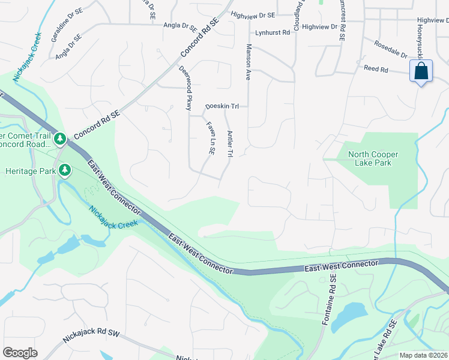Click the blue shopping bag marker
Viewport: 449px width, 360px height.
coord(421,71)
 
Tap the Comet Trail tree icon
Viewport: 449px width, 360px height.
coord(60,139)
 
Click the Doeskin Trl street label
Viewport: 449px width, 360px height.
coord(222,106)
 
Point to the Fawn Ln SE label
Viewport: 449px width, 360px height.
coord(211,140)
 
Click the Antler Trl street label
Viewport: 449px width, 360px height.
coord(229,144)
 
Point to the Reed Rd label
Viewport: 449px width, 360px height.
coord(376,69)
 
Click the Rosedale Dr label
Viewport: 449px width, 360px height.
coord(390,49)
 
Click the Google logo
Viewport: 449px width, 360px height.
coord(20,353)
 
